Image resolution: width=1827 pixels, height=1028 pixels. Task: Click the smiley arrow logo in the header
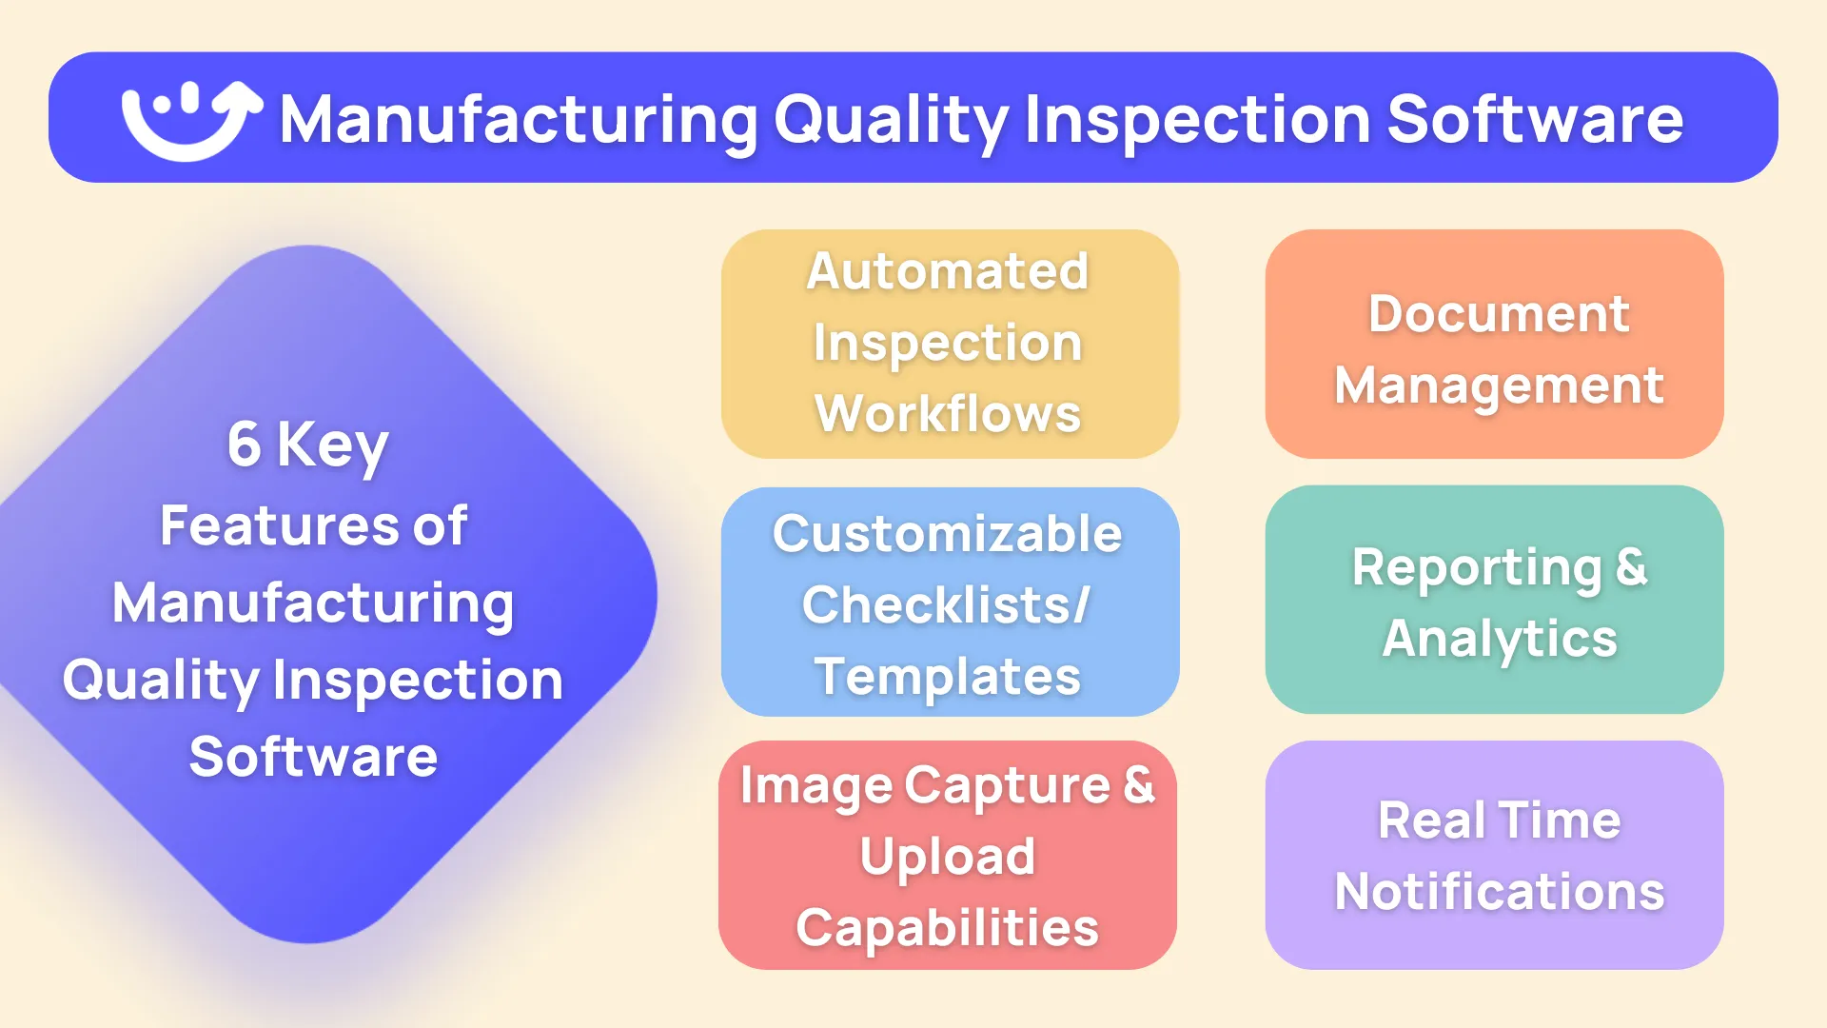[190, 119]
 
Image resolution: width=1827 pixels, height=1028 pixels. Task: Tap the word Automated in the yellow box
[948, 271]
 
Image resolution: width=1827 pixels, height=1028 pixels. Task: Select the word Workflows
[948, 414]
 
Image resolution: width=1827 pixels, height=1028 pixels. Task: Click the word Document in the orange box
[1499, 314]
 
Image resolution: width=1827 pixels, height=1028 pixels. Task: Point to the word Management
[1499, 386]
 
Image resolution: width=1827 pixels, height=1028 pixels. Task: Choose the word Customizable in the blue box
[948, 533]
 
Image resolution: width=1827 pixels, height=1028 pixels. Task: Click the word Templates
[948, 677]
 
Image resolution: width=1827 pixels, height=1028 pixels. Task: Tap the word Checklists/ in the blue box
[946, 605]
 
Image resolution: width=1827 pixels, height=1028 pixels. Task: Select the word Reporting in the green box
[1477, 568]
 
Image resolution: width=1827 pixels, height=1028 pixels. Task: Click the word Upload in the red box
[948, 857]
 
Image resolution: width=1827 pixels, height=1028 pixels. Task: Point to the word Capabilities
[948, 928]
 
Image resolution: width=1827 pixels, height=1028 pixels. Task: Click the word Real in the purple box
[1431, 820]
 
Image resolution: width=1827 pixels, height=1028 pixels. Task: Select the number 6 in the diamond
[244, 445]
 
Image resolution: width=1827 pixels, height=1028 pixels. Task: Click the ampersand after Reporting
[1632, 567]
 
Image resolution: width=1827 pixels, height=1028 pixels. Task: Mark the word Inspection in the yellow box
[948, 344]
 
